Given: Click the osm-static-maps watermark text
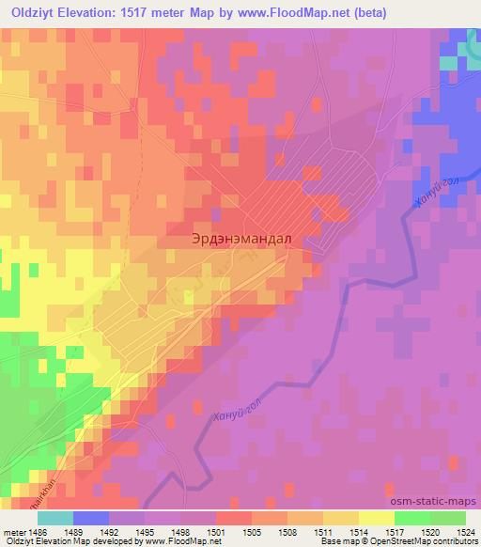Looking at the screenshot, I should (437, 500).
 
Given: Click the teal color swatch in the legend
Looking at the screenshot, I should (54, 519).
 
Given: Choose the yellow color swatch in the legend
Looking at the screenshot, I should (376, 519).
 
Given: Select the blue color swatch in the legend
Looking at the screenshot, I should (91, 519).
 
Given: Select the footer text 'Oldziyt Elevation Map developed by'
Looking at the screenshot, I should (67, 541).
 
